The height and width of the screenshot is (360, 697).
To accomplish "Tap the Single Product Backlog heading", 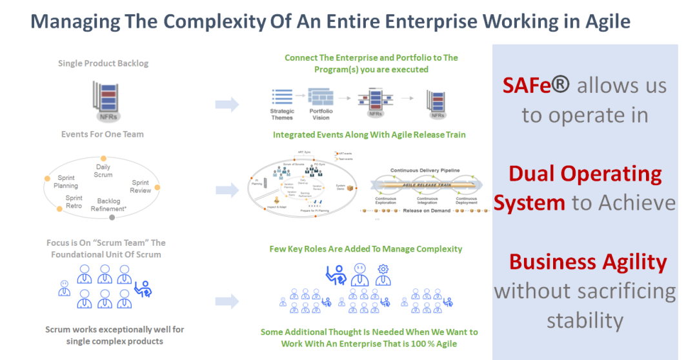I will click(103, 63).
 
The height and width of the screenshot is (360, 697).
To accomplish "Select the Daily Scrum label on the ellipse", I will click(103, 170).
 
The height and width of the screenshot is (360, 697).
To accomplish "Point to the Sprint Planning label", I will click(66, 181).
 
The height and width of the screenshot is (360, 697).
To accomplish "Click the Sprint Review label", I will click(140, 186).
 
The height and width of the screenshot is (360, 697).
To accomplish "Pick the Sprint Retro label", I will click(74, 202).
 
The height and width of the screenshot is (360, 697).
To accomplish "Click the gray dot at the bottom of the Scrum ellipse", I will click(112, 217).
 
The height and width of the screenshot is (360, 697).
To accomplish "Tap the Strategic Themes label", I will click(282, 114).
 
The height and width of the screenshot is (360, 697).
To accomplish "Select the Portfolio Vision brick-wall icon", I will click(320, 96).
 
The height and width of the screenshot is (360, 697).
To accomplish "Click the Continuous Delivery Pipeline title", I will click(425, 170).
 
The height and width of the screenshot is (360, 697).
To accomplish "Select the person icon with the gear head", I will click(383, 274).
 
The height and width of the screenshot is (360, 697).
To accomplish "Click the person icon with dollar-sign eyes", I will click(359, 274).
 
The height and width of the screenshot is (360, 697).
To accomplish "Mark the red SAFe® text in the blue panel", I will click(536, 86).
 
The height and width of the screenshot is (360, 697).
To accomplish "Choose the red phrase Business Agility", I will click(587, 261).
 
